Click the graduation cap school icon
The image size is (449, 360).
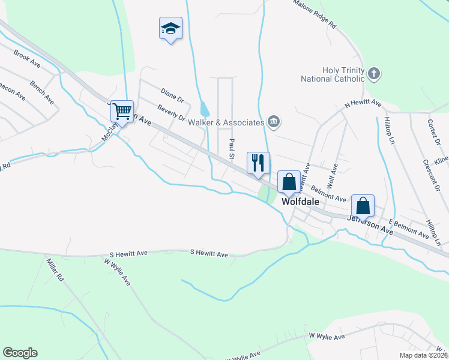pos(170,28)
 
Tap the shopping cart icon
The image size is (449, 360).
pos(122,111)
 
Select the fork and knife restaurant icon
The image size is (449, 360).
pos(258,163)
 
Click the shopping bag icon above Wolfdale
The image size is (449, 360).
pos(289,182)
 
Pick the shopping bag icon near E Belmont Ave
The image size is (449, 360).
pos(363,206)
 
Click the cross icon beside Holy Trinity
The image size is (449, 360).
pos(374,74)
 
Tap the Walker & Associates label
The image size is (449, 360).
pos(226,122)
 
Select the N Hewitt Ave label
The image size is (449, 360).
pos(363,104)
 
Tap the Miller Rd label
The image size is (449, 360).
pos(54,270)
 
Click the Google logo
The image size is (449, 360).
pos(20,353)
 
